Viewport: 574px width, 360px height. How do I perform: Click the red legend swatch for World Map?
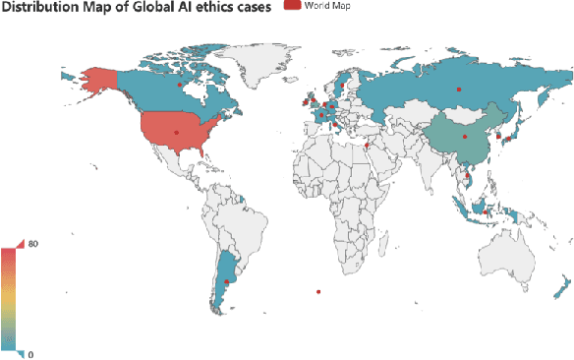click(x=292, y=6)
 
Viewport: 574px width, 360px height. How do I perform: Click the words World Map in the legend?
click(x=327, y=6)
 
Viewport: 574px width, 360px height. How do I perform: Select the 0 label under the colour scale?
click(x=34, y=353)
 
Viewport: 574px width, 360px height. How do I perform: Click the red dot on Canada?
click(x=179, y=85)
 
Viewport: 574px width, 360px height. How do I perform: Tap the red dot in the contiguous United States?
click(x=177, y=132)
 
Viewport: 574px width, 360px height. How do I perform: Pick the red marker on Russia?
click(x=457, y=90)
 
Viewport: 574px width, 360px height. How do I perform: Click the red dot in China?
click(x=464, y=137)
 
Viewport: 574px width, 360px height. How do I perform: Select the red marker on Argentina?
click(x=227, y=281)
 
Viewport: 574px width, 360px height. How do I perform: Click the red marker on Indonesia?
click(x=485, y=211)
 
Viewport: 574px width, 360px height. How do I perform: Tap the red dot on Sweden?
click(x=342, y=85)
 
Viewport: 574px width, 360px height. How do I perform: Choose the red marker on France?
click(x=321, y=115)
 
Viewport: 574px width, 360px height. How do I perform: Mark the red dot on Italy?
click(x=335, y=124)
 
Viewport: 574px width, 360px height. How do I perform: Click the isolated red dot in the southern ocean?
click(x=317, y=290)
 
